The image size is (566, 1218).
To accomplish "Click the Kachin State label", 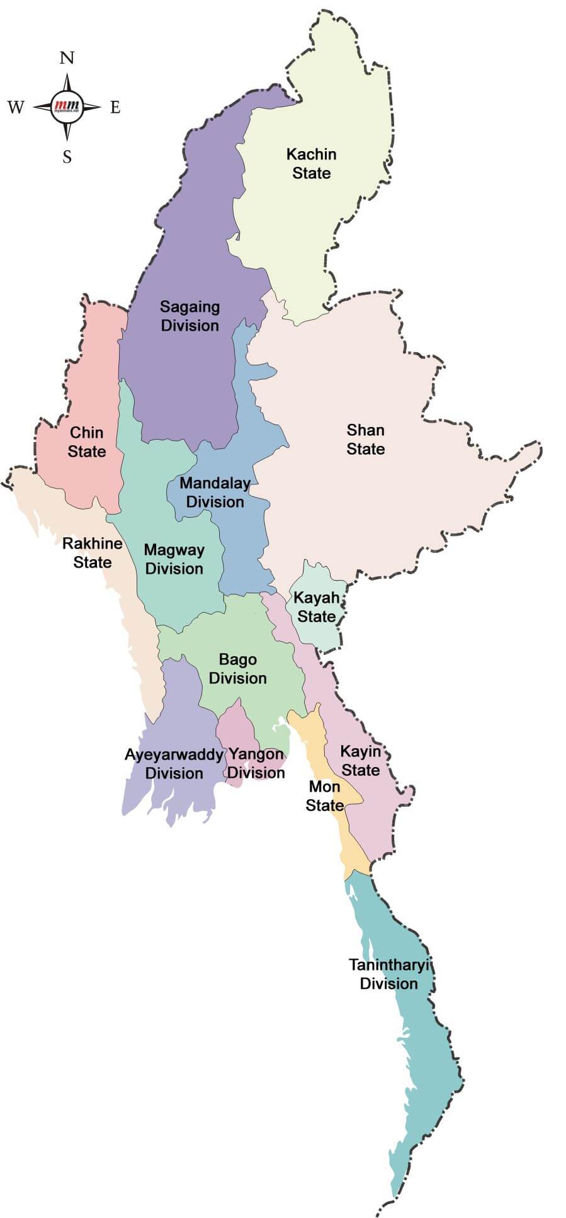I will (x=311, y=163).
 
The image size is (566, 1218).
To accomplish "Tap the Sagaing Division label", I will (x=190, y=316).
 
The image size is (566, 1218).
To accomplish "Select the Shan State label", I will (x=365, y=439).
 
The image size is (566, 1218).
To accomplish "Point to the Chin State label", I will (x=87, y=441).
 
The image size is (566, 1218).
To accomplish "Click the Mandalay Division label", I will (x=215, y=492).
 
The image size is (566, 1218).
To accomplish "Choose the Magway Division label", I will (x=174, y=559).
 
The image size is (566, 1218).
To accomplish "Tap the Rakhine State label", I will (x=92, y=552).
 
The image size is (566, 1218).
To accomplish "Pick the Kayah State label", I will (x=316, y=606).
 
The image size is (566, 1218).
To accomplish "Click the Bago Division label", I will (x=237, y=668).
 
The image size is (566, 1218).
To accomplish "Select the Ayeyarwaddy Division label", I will (x=174, y=763).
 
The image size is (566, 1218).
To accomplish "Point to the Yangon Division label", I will (x=256, y=763).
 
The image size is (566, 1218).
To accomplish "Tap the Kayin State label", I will (x=361, y=760).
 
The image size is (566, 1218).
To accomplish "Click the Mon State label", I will (x=324, y=795).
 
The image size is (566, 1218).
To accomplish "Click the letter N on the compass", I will (x=67, y=58).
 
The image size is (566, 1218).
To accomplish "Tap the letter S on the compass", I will (x=67, y=157).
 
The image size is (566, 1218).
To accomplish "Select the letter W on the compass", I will (x=16, y=107).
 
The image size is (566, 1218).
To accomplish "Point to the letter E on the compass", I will (x=115, y=107).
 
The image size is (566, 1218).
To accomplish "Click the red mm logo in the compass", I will (x=67, y=106).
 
